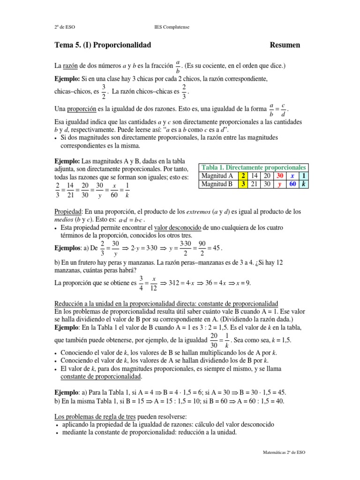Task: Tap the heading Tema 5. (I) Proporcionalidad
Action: coord(103,45)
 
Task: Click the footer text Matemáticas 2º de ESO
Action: coord(284,453)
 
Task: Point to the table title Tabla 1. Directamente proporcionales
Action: coord(254,167)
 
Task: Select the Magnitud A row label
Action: coord(217,176)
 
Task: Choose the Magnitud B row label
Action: coord(217,184)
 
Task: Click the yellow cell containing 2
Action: coord(243,176)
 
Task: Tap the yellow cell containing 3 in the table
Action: coord(243,184)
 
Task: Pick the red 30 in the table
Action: coord(280,176)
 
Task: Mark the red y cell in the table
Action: coord(280,184)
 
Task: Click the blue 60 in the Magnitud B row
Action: coord(292,184)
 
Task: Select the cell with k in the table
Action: coord(304,184)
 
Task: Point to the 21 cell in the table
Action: coord(255,184)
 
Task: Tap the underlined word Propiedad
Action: coord(69,212)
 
